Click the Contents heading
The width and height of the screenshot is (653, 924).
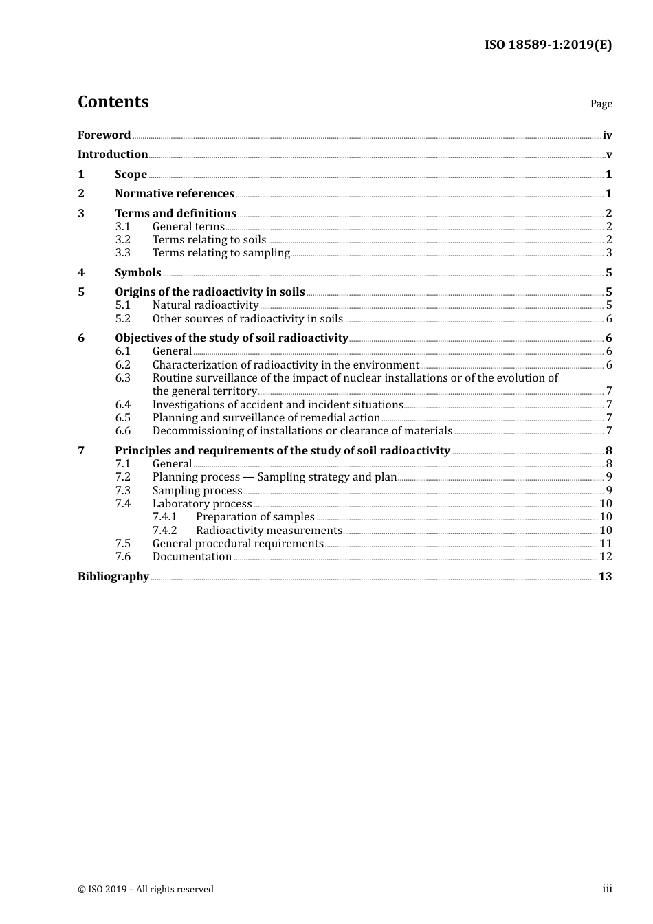tap(113, 102)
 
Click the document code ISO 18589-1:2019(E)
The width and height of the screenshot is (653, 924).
tap(548, 45)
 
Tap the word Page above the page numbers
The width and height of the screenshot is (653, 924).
tap(601, 104)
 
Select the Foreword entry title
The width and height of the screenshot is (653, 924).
tap(104, 135)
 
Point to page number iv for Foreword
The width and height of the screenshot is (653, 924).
tap(607, 135)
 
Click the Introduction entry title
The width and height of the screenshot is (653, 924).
tap(113, 154)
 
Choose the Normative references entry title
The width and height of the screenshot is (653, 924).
tap(175, 193)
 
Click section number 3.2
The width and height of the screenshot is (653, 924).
tap(122, 239)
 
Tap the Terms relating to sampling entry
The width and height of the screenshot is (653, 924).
tap(221, 252)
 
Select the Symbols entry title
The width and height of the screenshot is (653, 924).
tap(138, 272)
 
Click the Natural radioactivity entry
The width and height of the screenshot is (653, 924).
tap(205, 305)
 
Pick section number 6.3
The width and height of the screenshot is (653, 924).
tap(122, 377)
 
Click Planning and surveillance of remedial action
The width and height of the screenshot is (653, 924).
tap(266, 417)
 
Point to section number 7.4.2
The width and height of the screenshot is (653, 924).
tap(164, 530)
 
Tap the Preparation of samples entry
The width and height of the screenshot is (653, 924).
tap(255, 516)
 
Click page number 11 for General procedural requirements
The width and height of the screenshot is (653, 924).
tap(606, 543)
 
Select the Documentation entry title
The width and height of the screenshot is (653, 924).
tap(192, 556)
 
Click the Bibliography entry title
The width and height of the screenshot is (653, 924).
tap(113, 576)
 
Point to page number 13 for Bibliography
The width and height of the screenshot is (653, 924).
tap(605, 576)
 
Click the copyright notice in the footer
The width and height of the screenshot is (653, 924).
tap(146, 889)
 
